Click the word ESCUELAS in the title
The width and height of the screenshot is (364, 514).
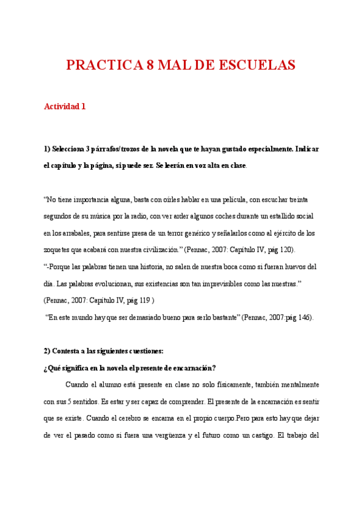pos(257,65)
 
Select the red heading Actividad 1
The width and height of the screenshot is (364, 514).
pos(65,106)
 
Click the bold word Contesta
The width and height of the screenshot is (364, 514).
pos(69,351)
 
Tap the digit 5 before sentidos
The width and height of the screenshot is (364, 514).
pos(70,402)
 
